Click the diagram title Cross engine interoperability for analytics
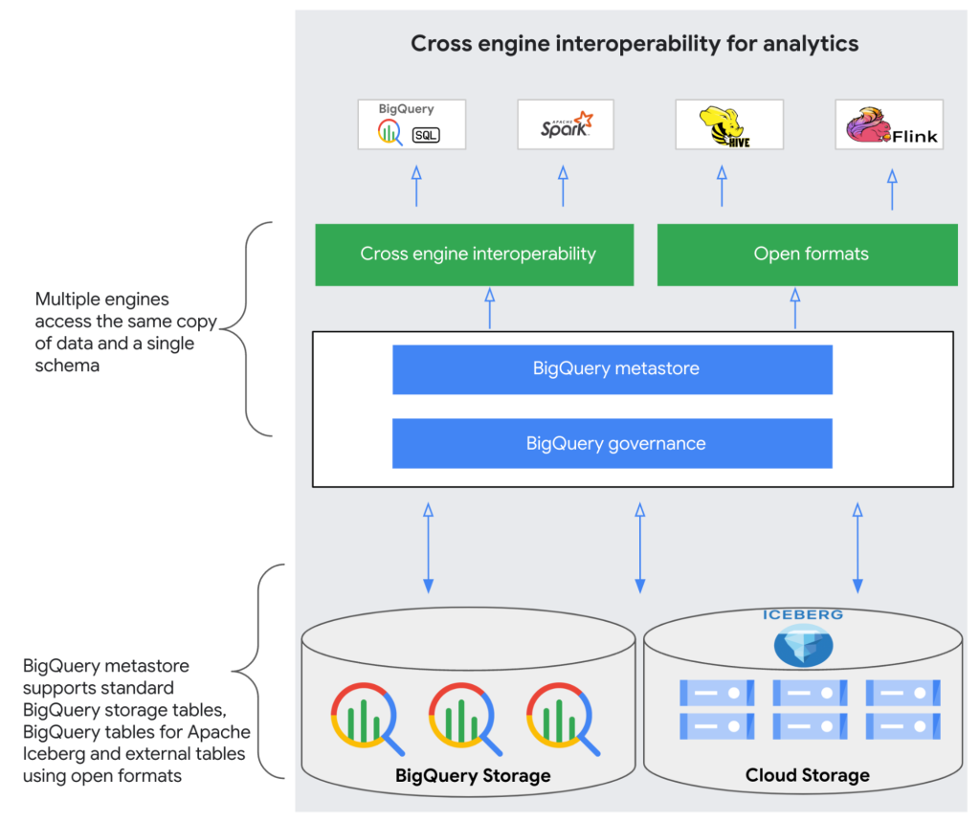(635, 44)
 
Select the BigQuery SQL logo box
(412, 124)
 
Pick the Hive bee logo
(728, 124)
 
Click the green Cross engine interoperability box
(475, 255)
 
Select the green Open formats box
(807, 255)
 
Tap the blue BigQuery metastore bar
(612, 369)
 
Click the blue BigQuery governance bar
(612, 444)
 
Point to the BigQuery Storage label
(473, 776)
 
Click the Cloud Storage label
(807, 775)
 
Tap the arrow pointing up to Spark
(563, 186)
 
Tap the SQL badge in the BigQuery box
(426, 135)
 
